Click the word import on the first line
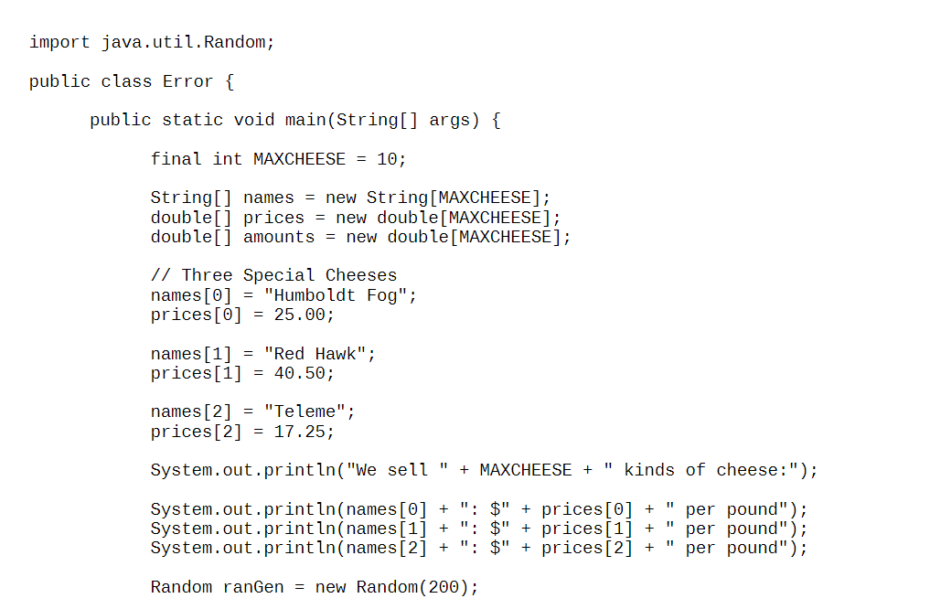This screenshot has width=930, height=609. [x=59, y=42]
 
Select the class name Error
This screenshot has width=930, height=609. [x=188, y=81]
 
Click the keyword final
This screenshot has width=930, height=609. [x=176, y=159]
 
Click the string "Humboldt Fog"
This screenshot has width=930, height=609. [x=340, y=295]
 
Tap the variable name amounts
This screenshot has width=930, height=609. [x=279, y=237]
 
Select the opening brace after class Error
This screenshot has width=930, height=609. [x=229, y=81]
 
